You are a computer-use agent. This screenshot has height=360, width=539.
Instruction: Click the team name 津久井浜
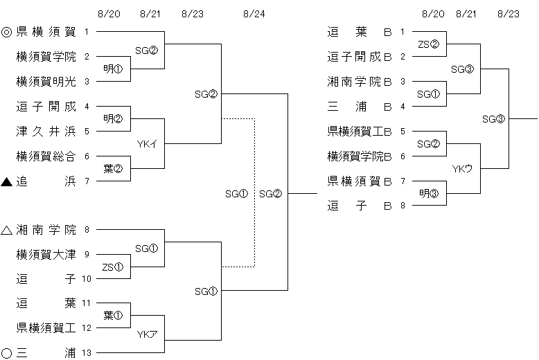(46, 131)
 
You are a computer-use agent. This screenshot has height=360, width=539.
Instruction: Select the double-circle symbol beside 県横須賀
(7, 31)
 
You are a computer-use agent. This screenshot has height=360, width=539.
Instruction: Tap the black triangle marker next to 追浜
(7, 181)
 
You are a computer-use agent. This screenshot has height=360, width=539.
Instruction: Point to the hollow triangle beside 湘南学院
(7, 230)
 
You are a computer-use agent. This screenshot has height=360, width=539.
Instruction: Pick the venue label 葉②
(113, 168)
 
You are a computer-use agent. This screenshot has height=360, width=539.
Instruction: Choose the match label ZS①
(113, 267)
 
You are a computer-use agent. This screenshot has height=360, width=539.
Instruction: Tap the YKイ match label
(146, 143)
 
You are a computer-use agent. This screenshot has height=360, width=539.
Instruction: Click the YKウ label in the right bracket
(462, 168)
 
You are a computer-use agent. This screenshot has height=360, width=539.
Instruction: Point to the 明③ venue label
(429, 193)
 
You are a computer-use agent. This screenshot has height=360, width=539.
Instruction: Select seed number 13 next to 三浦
(87, 353)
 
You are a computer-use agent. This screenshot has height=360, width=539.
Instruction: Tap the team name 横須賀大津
(46, 255)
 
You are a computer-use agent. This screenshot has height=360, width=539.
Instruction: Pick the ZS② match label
(429, 44)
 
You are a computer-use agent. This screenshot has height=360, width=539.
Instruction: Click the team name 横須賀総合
(46, 156)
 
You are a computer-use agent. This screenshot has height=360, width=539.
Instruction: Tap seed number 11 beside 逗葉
(87, 303)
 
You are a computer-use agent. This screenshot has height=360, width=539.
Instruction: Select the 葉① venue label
(113, 316)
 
